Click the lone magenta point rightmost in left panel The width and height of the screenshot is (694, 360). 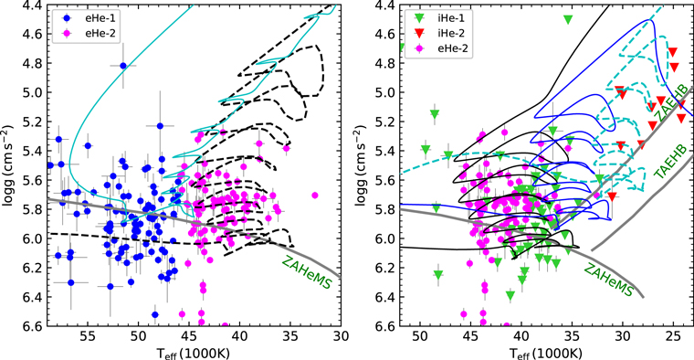[315, 195]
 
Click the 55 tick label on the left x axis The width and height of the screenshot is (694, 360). [88, 335]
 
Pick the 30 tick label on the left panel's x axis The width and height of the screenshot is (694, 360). [341, 335]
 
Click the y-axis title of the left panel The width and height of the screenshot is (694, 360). [10, 164]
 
